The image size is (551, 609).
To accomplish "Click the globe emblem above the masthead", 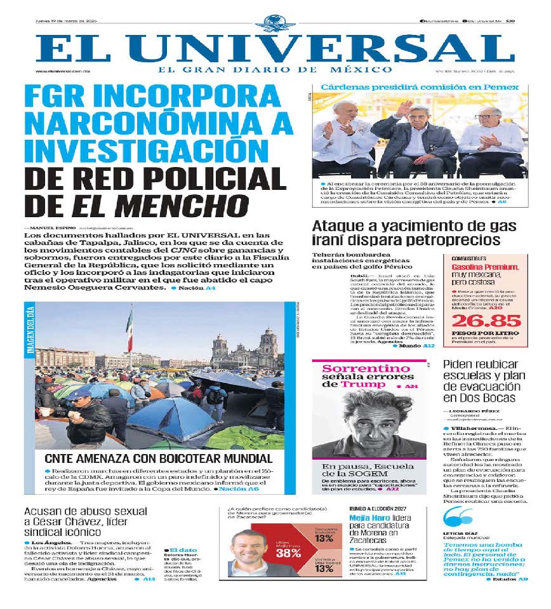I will click(275, 23).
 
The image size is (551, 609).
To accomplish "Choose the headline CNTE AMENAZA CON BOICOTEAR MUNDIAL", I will click(158, 458).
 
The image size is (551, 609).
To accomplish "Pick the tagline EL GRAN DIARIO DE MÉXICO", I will click(275, 69).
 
